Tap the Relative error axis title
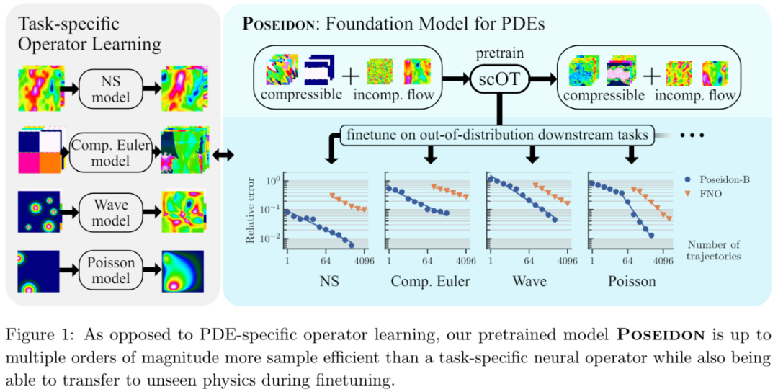[x=251, y=210]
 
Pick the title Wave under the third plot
[x=529, y=280]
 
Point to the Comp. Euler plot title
[x=430, y=280]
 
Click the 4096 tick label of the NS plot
[x=365, y=261]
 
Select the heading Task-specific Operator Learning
[x=89, y=33]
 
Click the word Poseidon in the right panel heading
[x=277, y=24]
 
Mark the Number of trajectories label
[x=715, y=249]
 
